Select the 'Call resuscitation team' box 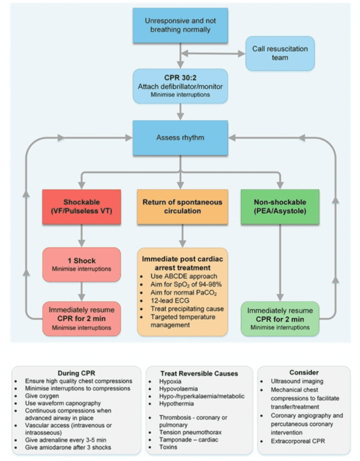tap(280, 53)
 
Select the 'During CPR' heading tap(76, 372)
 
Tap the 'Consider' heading tap(303, 372)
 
